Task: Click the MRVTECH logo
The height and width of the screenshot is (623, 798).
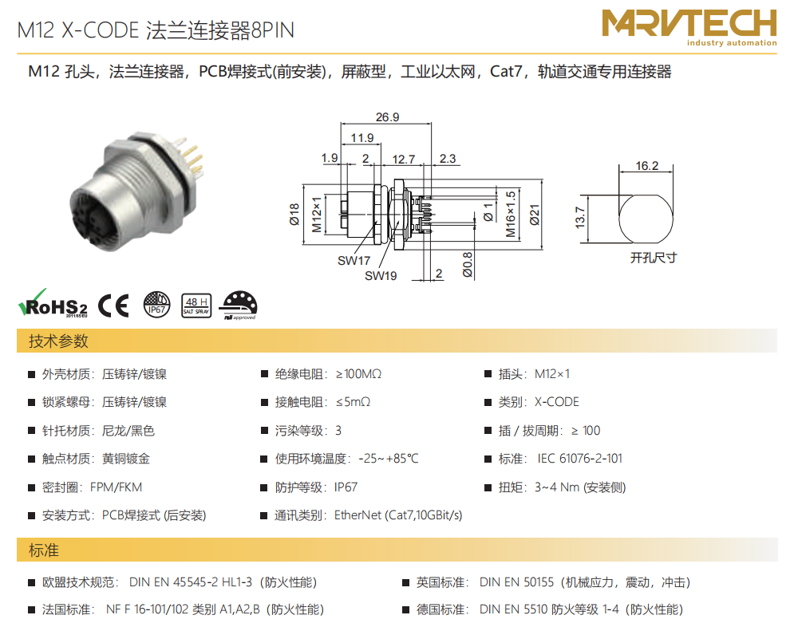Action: (689, 27)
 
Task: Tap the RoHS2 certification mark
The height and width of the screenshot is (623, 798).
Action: (53, 304)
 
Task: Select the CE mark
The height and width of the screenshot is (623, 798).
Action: (113, 306)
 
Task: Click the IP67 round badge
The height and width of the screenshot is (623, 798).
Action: (156, 305)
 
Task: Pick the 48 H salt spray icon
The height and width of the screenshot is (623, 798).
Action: (196, 306)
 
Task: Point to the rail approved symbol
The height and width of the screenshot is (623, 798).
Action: (238, 306)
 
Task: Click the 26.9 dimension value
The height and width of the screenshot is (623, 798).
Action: (387, 117)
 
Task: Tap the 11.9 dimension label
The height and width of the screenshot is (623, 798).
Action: (361, 138)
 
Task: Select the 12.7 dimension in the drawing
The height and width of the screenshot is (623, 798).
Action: (403, 160)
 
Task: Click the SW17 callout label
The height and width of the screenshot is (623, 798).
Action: (354, 260)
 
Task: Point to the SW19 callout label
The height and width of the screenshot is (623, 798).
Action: (381, 276)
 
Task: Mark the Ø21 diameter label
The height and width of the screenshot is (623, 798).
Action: (535, 215)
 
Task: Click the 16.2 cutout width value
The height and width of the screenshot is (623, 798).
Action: (647, 166)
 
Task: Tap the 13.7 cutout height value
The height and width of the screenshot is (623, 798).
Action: (579, 217)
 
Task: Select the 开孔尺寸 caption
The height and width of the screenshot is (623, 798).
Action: (654, 258)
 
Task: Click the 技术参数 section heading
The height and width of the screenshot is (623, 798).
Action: (58, 341)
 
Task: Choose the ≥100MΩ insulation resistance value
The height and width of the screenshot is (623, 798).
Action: (358, 374)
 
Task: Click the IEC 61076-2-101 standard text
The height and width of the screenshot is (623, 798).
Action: (579, 459)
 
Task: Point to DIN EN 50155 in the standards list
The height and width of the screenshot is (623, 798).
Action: (516, 582)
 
